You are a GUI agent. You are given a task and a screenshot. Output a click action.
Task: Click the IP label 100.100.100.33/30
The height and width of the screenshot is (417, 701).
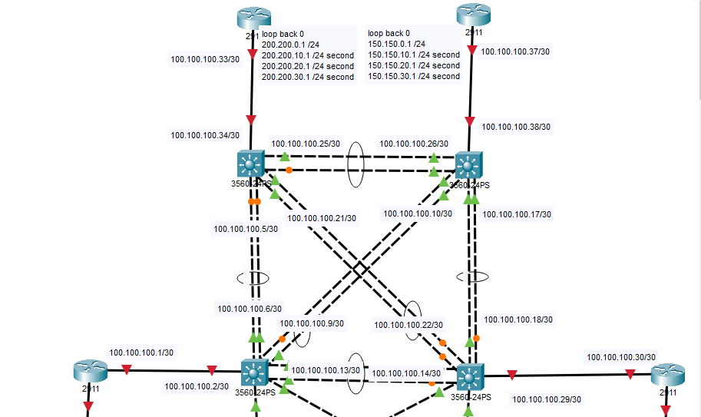205,59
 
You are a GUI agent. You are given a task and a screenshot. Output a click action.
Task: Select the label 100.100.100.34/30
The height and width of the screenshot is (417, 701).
205,136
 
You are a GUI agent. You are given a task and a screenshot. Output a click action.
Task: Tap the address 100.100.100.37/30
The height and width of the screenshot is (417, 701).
515,51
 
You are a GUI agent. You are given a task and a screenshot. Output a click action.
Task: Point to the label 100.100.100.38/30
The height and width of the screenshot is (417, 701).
516,127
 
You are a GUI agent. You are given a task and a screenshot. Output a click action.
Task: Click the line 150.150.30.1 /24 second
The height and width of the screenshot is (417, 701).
414,76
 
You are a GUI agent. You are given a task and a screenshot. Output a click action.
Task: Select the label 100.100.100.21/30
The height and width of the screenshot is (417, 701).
322,218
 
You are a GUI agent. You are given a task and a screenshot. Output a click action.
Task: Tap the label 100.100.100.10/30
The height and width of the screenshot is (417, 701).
418,213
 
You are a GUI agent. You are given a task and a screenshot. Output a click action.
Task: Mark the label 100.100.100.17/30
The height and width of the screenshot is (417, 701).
517,215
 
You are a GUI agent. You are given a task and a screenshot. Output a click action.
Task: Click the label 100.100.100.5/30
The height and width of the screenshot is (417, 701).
246,228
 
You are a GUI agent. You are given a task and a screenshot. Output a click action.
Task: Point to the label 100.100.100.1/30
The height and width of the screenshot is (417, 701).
141,352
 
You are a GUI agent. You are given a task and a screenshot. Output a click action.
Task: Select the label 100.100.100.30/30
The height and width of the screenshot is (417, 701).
621,357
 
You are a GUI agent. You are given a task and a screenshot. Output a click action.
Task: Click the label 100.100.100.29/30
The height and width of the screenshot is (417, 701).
547,399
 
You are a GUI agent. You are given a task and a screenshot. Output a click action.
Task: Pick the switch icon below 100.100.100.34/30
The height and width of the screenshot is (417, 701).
250,164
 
